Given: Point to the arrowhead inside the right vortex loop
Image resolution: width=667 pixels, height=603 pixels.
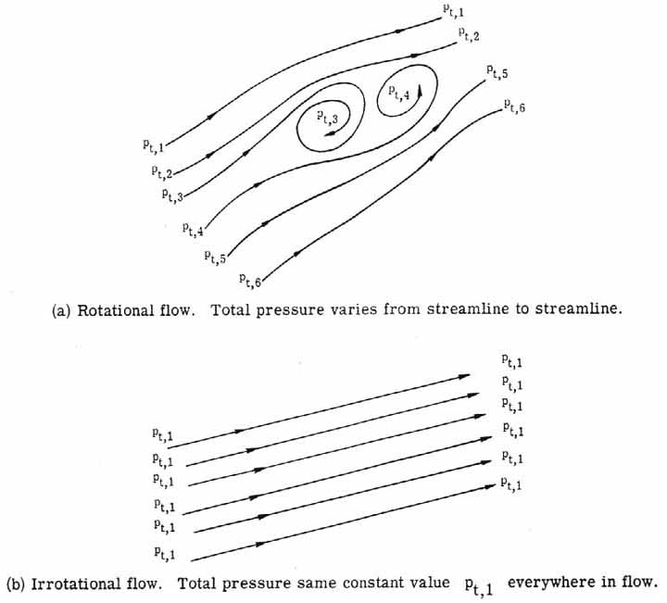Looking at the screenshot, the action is [x=419, y=91].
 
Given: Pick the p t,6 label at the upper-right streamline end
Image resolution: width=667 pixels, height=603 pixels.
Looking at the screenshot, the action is [x=513, y=107].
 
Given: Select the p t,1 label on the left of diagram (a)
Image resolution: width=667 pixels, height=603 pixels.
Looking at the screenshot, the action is [x=145, y=144].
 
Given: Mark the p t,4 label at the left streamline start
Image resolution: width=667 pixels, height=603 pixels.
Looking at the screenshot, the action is [x=194, y=228].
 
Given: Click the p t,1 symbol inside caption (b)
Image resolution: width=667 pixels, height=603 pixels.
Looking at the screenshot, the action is [x=482, y=585].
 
